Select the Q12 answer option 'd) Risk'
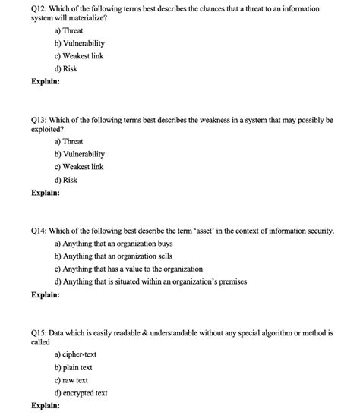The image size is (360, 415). (x=66, y=69)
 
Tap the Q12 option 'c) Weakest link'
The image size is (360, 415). (x=79, y=56)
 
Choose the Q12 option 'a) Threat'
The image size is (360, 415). (x=69, y=31)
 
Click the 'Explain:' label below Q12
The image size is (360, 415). (x=46, y=82)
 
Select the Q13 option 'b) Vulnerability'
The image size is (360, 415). (x=80, y=154)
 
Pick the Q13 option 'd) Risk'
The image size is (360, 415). (x=66, y=180)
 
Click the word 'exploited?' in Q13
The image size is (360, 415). (x=50, y=130)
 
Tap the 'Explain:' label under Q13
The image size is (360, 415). (x=46, y=193)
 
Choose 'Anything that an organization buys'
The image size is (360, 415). (x=114, y=244)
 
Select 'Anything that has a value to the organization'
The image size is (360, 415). (x=129, y=269)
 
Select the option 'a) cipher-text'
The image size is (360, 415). (x=76, y=354)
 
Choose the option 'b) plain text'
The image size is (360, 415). (x=74, y=367)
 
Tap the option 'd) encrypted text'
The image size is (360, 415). (x=81, y=392)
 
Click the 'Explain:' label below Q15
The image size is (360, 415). (x=46, y=405)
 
